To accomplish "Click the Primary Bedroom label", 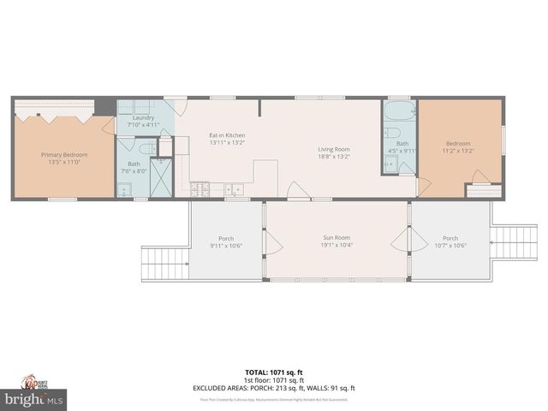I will (64, 155).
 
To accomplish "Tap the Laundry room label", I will (143, 117).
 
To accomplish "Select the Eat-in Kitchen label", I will (227, 135).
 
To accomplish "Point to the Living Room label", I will (334, 149).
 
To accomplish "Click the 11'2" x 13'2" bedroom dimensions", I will (457, 151).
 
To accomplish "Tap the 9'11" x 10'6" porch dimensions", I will (226, 246).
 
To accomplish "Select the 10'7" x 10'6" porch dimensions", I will (450, 246).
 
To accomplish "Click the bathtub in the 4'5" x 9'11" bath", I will (399, 111).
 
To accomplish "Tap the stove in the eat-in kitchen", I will (199, 188).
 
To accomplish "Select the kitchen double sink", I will (234, 188).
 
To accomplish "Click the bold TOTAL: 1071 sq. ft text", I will (273, 372).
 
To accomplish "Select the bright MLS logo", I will (34, 399).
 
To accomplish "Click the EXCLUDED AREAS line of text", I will (273, 388).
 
